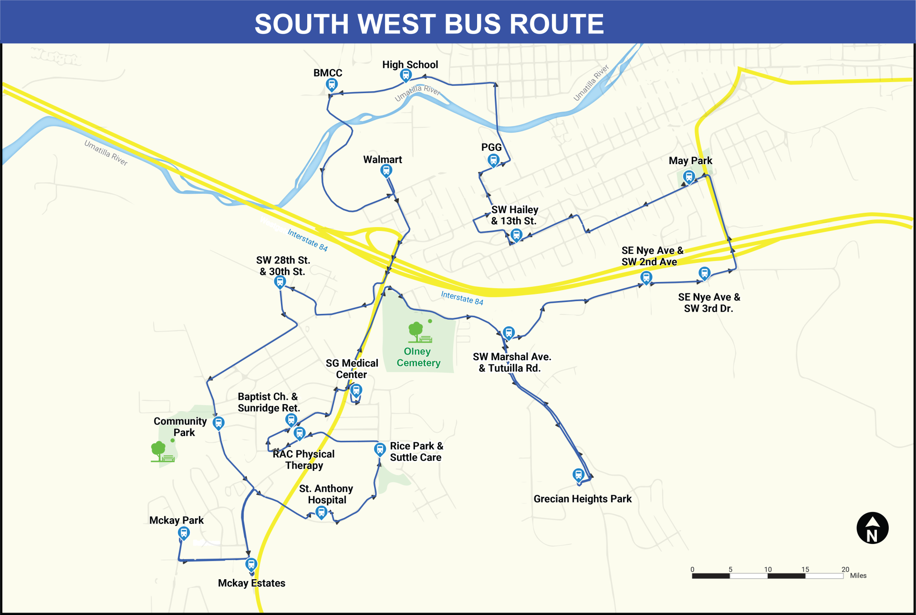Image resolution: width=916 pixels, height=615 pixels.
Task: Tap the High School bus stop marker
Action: coord(406,75)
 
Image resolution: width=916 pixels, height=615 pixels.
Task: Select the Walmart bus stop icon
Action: coord(386,171)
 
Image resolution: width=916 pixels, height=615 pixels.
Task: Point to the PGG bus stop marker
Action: coord(493,160)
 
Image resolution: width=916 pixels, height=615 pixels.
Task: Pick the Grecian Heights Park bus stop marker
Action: coord(578,475)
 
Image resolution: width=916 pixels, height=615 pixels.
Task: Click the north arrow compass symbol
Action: coord(872,528)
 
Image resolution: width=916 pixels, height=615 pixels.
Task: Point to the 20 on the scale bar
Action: coord(845,569)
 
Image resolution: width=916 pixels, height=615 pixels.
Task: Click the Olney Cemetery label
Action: coord(418,357)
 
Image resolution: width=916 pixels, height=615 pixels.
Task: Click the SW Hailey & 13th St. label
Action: coord(514,215)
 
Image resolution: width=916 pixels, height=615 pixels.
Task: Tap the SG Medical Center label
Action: coord(352,369)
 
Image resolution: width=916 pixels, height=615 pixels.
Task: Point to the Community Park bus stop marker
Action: coord(219,423)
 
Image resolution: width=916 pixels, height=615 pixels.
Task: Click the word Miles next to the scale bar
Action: coord(858,575)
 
